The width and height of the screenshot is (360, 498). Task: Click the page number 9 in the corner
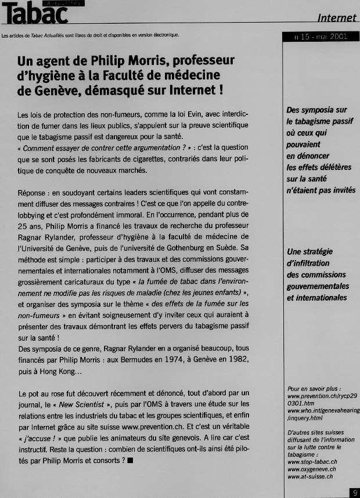coord(354,493)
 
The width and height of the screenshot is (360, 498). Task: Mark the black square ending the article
coord(129,461)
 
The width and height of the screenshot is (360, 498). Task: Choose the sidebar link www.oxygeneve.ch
coord(312,468)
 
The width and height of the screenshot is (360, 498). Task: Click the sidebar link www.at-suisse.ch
coord(310,477)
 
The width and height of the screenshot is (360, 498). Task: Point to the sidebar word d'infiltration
coord(308,263)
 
